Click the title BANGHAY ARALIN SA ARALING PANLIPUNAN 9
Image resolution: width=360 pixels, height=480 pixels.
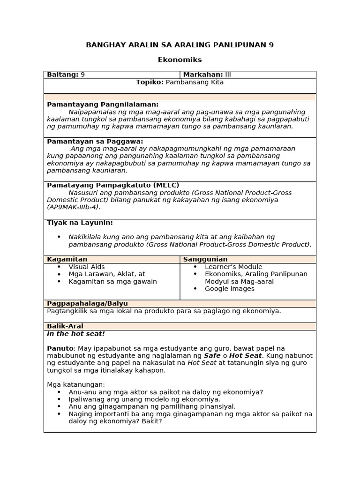click(x=180, y=45)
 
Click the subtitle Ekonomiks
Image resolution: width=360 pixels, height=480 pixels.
click(x=180, y=60)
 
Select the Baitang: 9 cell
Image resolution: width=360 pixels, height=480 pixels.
click(x=66, y=75)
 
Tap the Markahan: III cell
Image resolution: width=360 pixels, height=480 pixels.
click(x=207, y=75)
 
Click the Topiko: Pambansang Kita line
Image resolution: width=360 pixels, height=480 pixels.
click(x=180, y=82)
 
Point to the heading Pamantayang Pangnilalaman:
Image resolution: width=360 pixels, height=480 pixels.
click(x=103, y=105)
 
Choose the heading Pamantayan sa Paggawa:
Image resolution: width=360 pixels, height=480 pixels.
click(x=95, y=141)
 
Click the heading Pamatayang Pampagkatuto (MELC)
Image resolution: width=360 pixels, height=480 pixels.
click(x=113, y=185)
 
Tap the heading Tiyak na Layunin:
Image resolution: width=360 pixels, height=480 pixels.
click(x=80, y=222)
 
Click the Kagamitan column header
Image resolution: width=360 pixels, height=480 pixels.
click(x=67, y=259)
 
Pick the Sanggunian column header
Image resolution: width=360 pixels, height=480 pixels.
click(x=205, y=259)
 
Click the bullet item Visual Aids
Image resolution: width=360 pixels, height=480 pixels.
click(x=87, y=267)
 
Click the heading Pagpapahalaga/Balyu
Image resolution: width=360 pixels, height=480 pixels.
click(x=87, y=303)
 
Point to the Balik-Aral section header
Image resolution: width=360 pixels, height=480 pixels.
click(x=65, y=326)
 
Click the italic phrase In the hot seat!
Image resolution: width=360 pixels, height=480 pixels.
click(x=76, y=334)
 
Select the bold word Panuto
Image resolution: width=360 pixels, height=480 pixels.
click(x=60, y=348)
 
